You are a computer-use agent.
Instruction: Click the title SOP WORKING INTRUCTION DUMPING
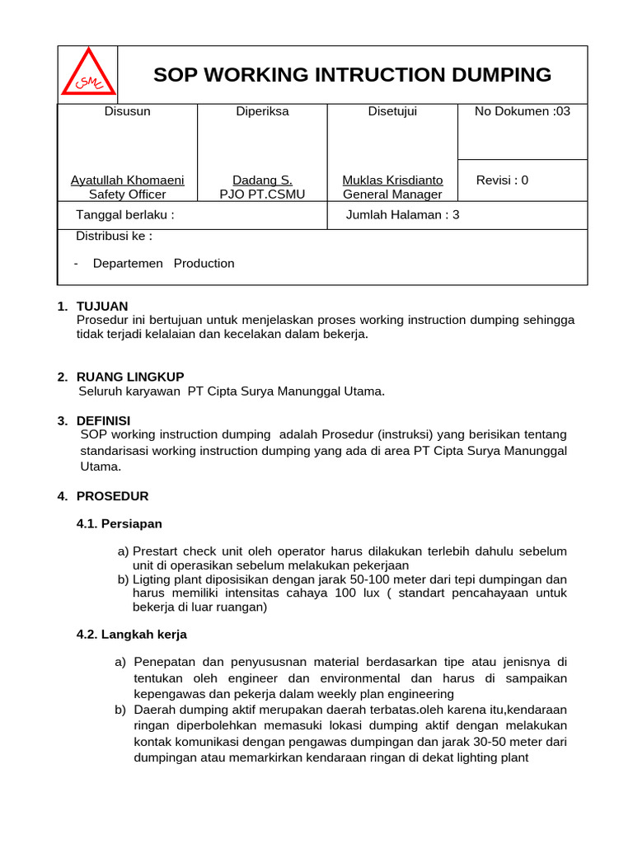tap(352, 75)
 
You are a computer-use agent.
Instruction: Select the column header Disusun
tap(127, 111)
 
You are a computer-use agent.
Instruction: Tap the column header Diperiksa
tap(262, 111)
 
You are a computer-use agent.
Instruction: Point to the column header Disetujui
tap(392, 111)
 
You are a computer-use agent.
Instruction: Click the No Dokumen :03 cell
tap(522, 111)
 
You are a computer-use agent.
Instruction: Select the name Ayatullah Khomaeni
tap(127, 180)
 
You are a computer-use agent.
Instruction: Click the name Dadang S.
tap(262, 180)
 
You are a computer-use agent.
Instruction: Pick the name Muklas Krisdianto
tap(392, 180)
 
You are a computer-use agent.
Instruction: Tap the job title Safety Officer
tap(127, 195)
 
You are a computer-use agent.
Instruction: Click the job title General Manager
tap(392, 195)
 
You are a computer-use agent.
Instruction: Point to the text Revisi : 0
tap(502, 180)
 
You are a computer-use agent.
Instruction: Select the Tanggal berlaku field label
tap(124, 215)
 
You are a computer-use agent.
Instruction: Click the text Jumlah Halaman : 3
tap(403, 215)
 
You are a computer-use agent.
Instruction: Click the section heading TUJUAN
tap(102, 307)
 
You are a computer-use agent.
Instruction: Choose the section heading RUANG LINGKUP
tap(130, 377)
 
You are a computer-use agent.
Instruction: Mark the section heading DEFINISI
tap(103, 420)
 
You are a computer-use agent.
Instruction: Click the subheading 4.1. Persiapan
tap(119, 523)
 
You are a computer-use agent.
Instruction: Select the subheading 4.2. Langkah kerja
tap(131, 635)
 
